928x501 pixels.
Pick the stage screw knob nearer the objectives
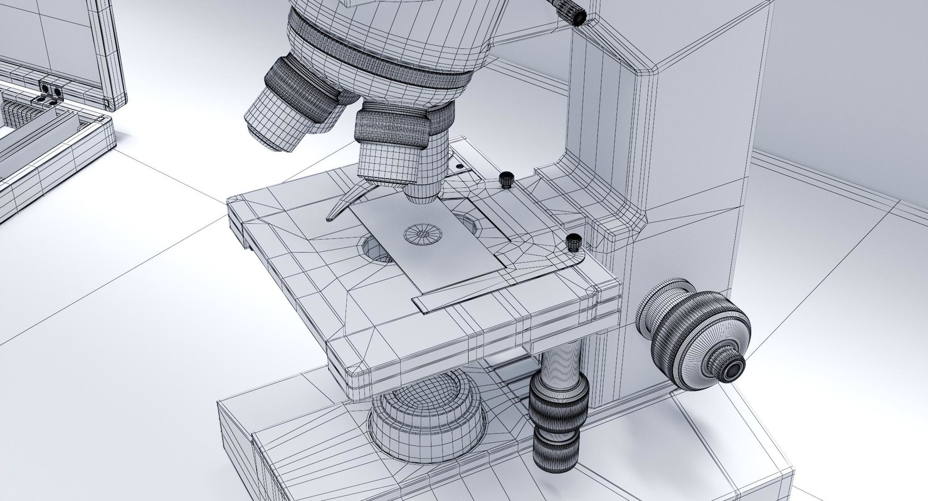pos(505,180)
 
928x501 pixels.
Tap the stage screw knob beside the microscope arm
pos(573,242)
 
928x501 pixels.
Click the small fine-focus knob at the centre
pos(731,369)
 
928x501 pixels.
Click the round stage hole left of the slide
pos(372,247)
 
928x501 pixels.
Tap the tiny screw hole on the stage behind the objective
pos(460,166)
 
